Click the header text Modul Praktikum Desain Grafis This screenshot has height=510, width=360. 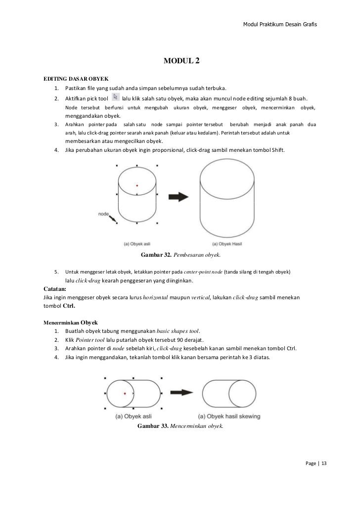click(280, 25)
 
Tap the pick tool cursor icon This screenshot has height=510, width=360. click(115, 97)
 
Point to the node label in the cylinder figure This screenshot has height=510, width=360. click(103, 214)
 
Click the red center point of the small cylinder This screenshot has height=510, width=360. click(137, 185)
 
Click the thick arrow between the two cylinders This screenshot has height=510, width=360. click(177, 196)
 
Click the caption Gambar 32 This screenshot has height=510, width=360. click(156, 255)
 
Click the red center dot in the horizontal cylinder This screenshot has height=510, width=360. click(125, 393)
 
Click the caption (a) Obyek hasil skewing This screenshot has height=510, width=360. click(228, 417)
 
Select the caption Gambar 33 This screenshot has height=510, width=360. click(153, 426)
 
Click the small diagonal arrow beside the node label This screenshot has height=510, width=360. click(113, 218)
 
